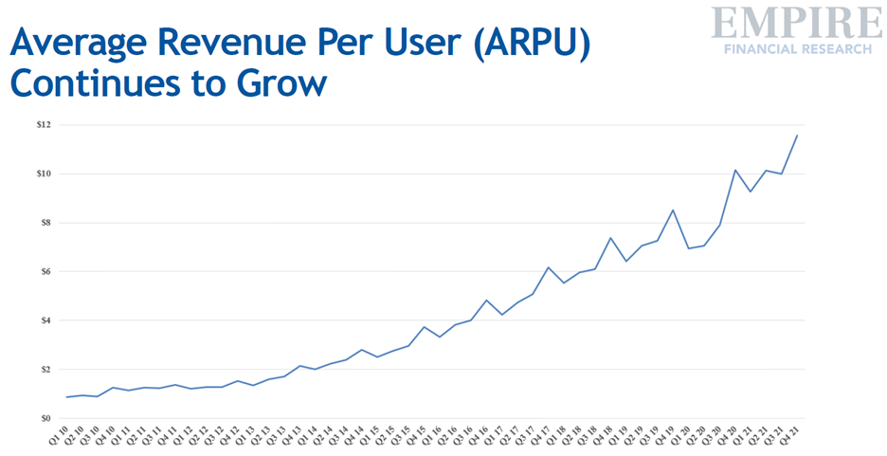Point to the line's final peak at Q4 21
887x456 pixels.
(797, 136)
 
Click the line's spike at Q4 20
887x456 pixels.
(735, 170)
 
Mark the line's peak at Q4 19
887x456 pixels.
(673, 210)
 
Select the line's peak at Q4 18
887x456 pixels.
(611, 238)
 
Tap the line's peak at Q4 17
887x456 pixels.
(549, 267)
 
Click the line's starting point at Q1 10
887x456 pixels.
(67, 397)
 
